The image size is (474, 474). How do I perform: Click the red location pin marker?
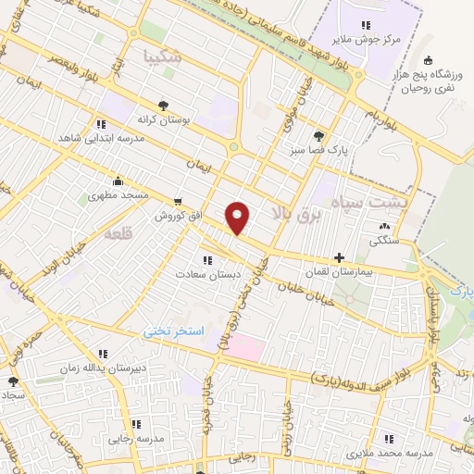click(238, 218)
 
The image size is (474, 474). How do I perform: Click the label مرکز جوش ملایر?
click(365, 39)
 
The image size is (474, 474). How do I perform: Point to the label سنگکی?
click(381, 240)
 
